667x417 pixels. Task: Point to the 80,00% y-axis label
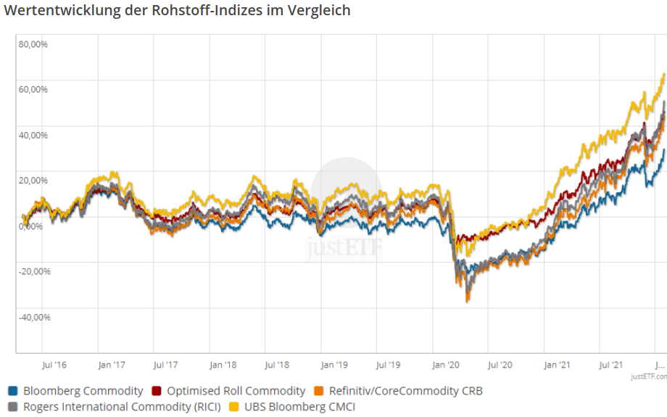click(x=33, y=44)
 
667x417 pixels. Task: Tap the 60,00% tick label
click(x=33, y=90)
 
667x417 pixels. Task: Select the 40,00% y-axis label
click(x=33, y=135)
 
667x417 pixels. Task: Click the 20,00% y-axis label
click(x=33, y=181)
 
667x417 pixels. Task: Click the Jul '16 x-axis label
click(x=55, y=365)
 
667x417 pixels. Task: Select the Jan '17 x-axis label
click(x=111, y=365)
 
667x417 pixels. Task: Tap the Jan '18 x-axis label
click(x=222, y=365)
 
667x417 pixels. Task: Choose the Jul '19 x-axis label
click(x=389, y=365)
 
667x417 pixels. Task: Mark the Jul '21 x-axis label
click(x=612, y=365)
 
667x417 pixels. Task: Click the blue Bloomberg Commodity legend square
click(x=13, y=391)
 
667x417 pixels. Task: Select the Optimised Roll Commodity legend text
click(x=236, y=391)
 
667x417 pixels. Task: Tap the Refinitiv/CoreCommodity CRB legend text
click(x=405, y=391)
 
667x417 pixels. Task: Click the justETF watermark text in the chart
click(x=345, y=248)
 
